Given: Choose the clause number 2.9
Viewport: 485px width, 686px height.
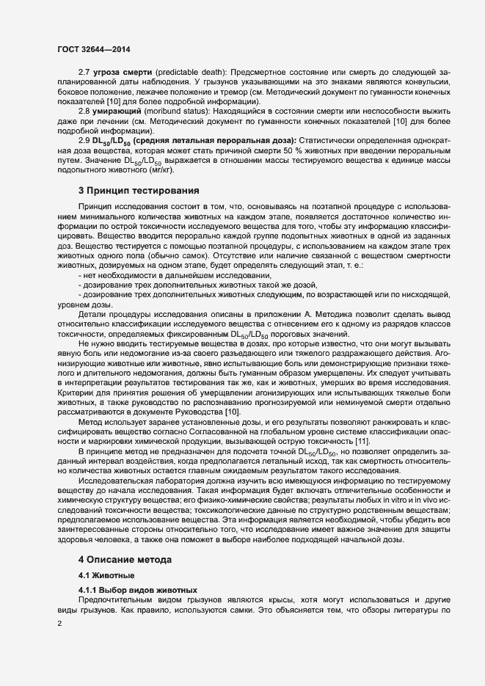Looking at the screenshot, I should tap(84, 139).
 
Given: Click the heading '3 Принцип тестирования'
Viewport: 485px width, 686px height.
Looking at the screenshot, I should tap(129, 191).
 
